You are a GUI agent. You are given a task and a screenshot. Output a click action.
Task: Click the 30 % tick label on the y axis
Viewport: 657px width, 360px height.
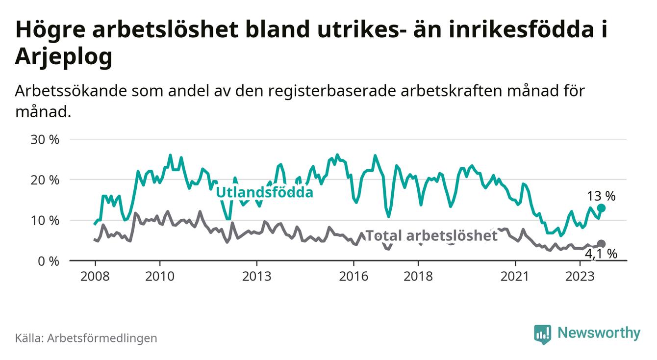tap(45, 139)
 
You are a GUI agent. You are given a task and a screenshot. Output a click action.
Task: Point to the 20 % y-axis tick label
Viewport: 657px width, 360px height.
tap(45, 180)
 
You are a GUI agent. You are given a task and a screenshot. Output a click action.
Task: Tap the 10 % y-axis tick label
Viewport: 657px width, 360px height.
tap(45, 221)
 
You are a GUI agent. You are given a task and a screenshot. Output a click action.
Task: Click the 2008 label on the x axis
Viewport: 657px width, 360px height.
tap(95, 276)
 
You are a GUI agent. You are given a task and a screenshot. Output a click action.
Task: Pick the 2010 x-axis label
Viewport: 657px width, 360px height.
tap(159, 276)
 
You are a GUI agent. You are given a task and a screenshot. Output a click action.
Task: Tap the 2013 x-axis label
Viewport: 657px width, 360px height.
tap(256, 276)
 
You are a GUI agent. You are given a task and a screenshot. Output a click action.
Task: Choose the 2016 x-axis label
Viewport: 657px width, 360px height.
tap(354, 276)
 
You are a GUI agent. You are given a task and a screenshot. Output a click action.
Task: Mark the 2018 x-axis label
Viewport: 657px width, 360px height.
tap(418, 276)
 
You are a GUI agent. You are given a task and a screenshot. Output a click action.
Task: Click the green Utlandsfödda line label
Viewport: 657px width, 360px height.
tap(264, 192)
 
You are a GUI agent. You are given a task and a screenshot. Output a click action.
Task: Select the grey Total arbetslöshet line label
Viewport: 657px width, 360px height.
tap(432, 236)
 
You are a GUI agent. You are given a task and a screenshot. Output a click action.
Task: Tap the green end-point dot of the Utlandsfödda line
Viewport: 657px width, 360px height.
tap(602, 208)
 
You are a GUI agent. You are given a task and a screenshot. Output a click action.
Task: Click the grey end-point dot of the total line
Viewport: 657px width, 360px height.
tap(602, 244)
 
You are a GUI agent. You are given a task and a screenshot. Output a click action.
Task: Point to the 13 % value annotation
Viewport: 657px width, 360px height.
tap(601, 197)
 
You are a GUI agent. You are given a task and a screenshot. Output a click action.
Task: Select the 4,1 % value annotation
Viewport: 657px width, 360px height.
tap(601, 254)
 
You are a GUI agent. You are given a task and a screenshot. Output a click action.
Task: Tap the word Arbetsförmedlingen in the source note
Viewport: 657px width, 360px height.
tap(102, 338)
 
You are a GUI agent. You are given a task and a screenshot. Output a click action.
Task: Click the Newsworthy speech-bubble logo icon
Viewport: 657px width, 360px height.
tap(542, 334)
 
